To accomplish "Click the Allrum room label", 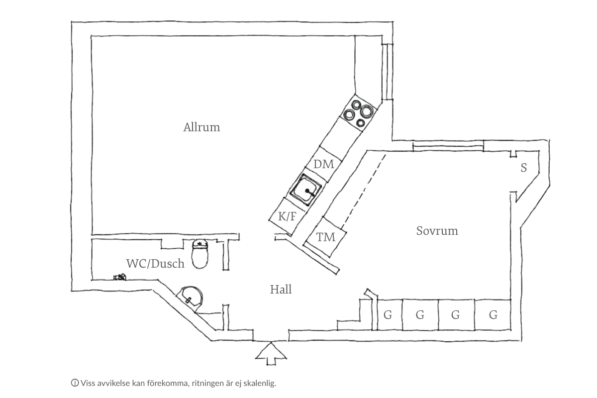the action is pyautogui.click(x=201, y=127).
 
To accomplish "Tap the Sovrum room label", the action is pyautogui.click(x=437, y=231).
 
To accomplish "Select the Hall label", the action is pyautogui.click(x=281, y=290).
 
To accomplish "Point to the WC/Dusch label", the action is pyautogui.click(x=155, y=263).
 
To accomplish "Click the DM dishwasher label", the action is pyautogui.click(x=323, y=164).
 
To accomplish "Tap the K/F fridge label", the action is pyautogui.click(x=288, y=216).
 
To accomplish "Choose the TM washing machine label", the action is pyautogui.click(x=326, y=237).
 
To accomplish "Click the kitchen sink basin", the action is pyautogui.click(x=306, y=190).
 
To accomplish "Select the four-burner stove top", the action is pyautogui.click(x=359, y=113).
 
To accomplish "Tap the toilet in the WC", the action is pyautogui.click(x=200, y=254).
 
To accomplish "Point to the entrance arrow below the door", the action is pyautogui.click(x=271, y=354).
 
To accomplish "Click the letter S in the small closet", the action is pyautogui.click(x=524, y=168).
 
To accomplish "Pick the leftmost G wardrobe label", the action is pyautogui.click(x=388, y=315).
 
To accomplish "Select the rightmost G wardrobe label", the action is pyautogui.click(x=493, y=315).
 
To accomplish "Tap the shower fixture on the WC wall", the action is pyautogui.click(x=120, y=277).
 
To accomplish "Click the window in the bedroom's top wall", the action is pyautogui.click(x=448, y=146).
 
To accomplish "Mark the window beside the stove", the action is pyautogui.click(x=387, y=72).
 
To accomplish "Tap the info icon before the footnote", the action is pyautogui.click(x=75, y=383).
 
